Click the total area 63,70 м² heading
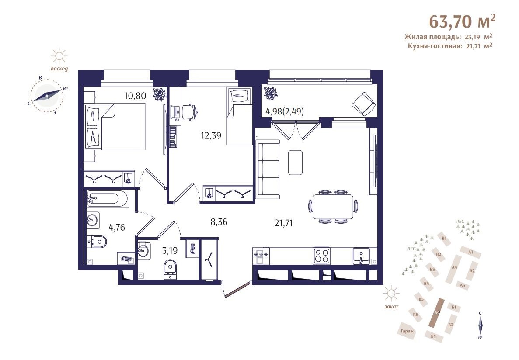(x=463, y=21)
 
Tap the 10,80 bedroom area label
(x=135, y=96)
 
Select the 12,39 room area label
(x=211, y=135)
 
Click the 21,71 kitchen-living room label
(x=283, y=223)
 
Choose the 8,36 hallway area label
(x=219, y=222)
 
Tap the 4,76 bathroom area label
(x=117, y=227)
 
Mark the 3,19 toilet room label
(x=170, y=250)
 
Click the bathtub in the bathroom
(x=108, y=198)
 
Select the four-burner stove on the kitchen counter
(x=322, y=256)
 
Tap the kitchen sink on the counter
(x=362, y=256)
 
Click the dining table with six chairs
(x=333, y=207)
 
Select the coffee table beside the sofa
(x=295, y=163)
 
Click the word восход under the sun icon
(x=59, y=69)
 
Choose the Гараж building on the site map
(x=407, y=330)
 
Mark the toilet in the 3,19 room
(x=171, y=268)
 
